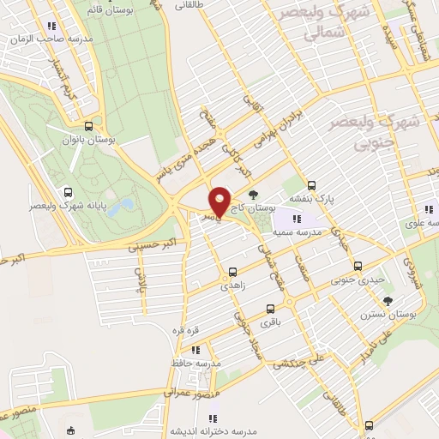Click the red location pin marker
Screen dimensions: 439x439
(x=219, y=202)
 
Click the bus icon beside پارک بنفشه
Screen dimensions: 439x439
(x=311, y=184)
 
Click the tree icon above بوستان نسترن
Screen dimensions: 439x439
(x=388, y=300)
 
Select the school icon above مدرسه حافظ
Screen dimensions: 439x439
(x=196, y=349)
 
